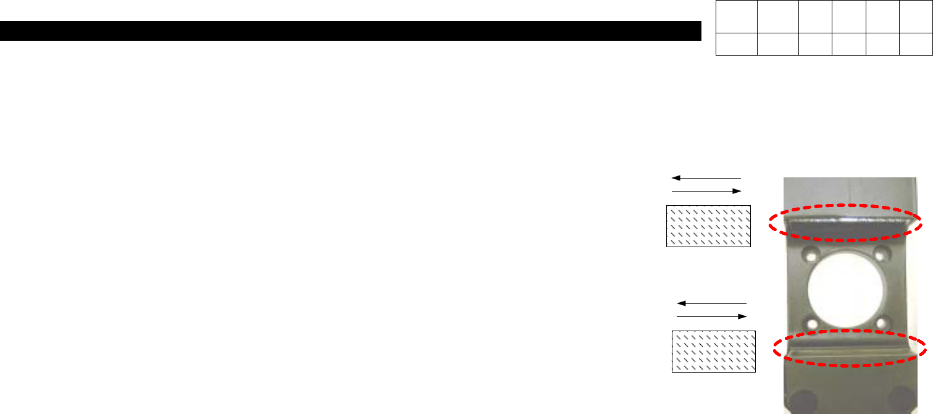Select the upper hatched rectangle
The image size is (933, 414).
708,226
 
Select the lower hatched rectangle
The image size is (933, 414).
714,352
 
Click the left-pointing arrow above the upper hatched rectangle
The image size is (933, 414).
705,178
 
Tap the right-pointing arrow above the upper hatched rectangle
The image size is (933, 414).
706,192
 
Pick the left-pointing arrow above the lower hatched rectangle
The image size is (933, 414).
711,303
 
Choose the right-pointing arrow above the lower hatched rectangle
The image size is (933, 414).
712,316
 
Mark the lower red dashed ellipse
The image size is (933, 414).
850,350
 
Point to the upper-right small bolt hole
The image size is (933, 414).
884,253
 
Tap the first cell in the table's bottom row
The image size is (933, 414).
736,44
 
